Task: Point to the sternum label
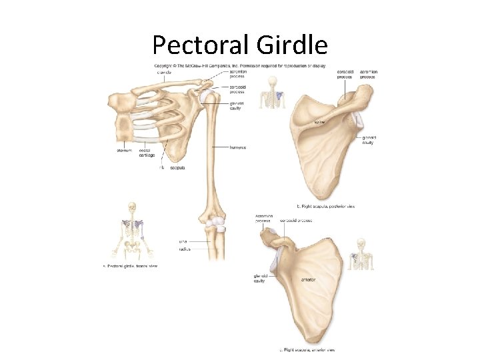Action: pos(125,151)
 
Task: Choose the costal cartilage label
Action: pos(147,153)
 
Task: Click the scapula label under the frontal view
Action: pos(177,168)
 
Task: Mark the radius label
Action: pos(185,249)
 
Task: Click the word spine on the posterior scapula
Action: pos(320,122)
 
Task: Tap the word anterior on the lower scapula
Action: pos(308,279)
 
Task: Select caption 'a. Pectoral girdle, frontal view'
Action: pos(130,266)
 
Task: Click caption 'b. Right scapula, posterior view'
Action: pos(327,207)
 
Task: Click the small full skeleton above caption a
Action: pos(132,231)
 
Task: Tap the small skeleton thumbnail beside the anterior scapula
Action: pos(362,253)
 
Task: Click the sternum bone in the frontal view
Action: pos(127,125)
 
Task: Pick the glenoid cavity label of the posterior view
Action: pos(368,139)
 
